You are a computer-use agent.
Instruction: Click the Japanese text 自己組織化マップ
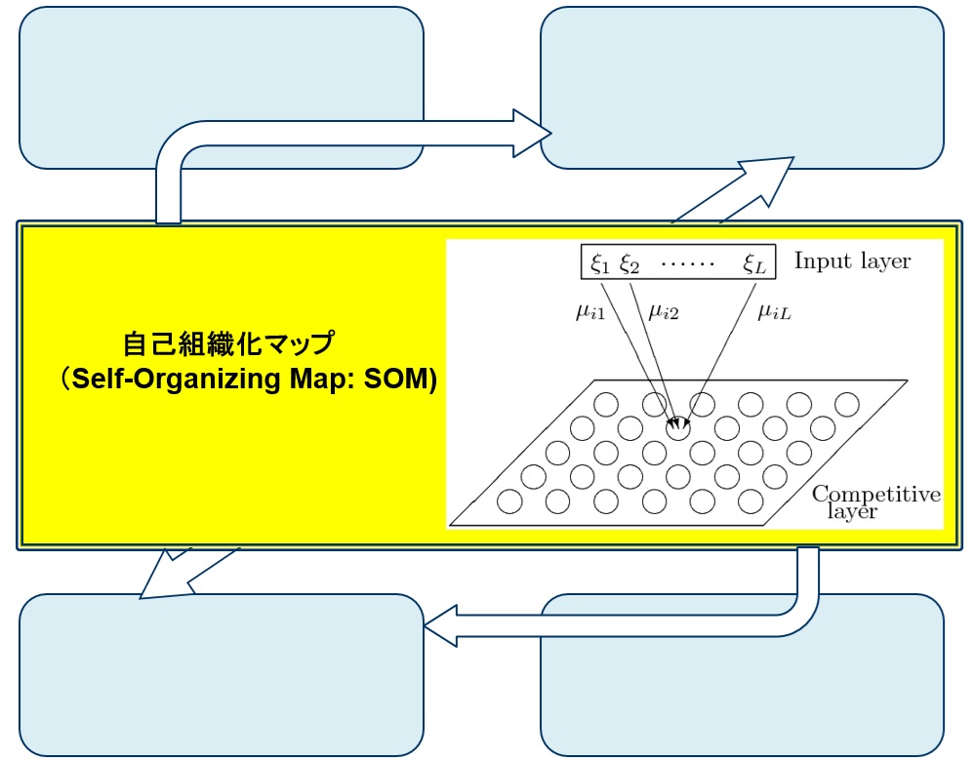coord(228,343)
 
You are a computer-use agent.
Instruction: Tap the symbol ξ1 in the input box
coord(598,261)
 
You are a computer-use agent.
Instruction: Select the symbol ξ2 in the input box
coord(629,261)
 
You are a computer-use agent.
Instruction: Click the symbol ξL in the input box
coord(755,261)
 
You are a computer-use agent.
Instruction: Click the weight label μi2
coord(663,313)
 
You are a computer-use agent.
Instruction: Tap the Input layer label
coord(852,260)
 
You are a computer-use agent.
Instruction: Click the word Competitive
coord(875,494)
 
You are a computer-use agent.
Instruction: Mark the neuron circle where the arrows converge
coord(677,426)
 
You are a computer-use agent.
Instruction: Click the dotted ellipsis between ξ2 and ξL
coord(688,262)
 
